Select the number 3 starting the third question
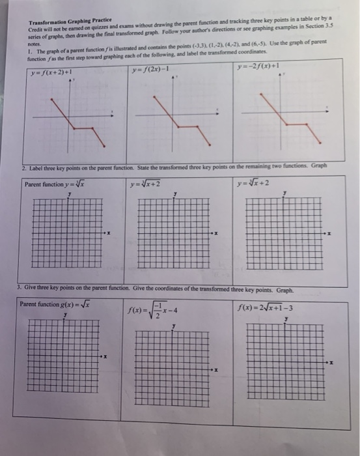(20, 289)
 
